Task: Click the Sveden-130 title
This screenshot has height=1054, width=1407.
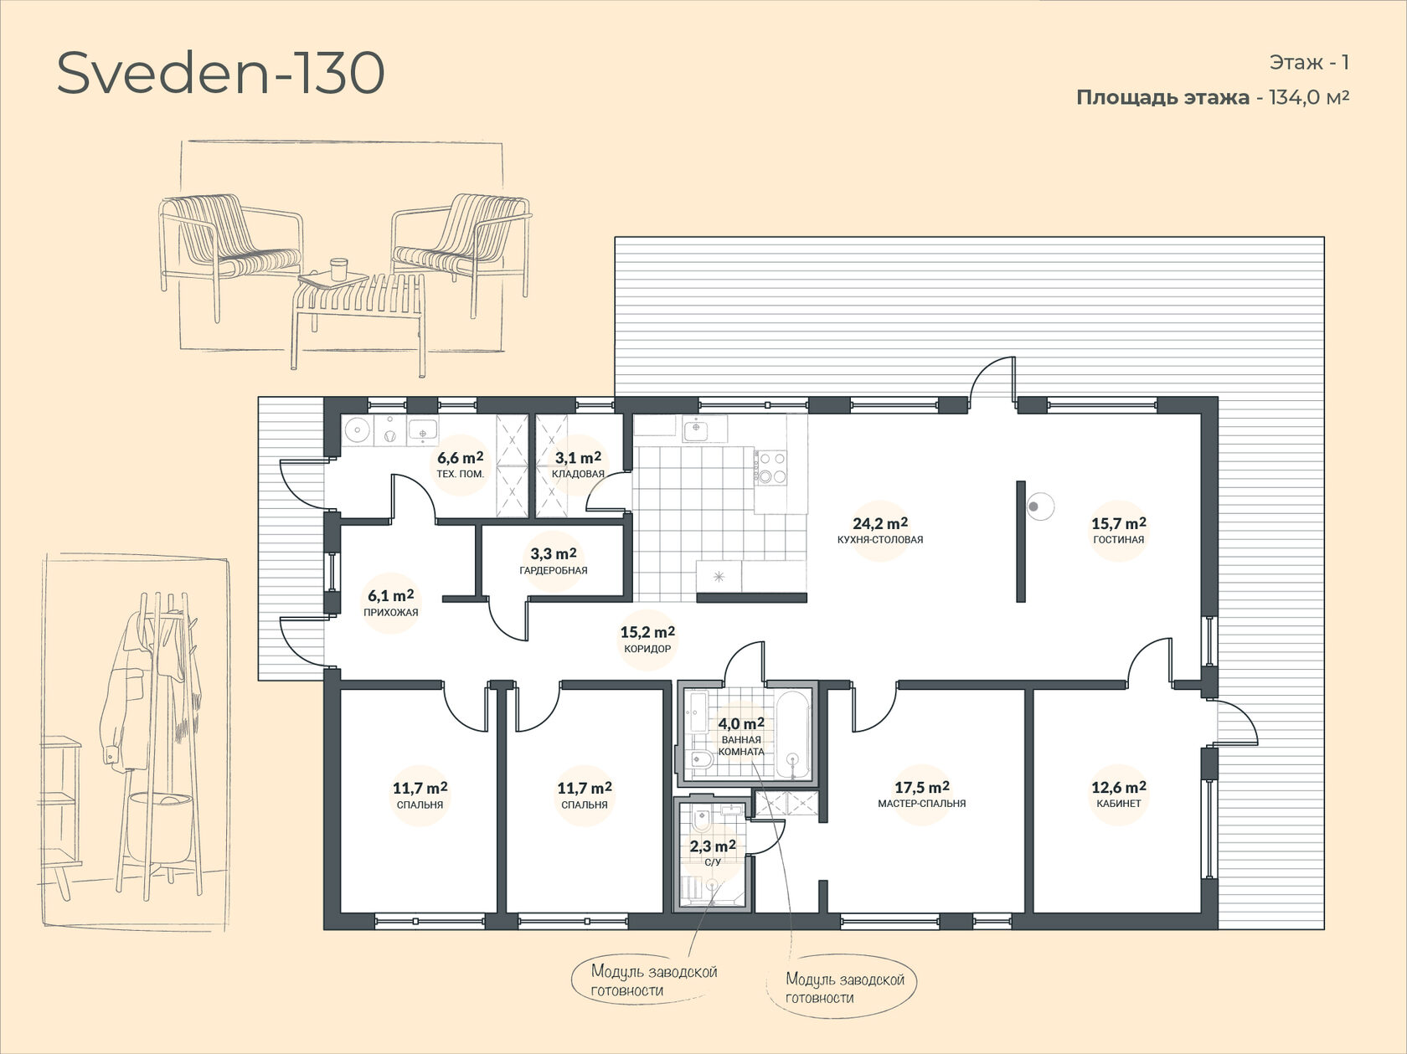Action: (x=220, y=74)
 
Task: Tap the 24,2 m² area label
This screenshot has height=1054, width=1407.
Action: (x=880, y=523)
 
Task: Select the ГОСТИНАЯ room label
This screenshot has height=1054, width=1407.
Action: (x=1119, y=539)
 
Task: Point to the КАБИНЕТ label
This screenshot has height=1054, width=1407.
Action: (x=1119, y=804)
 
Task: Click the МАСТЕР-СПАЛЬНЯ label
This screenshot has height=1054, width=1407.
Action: (x=922, y=804)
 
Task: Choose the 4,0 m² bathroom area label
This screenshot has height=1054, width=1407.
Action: (x=741, y=724)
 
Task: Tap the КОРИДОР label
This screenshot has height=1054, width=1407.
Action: (x=647, y=649)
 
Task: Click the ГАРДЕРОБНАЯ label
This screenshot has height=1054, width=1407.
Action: (x=554, y=570)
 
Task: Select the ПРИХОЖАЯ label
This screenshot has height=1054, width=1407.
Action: (x=390, y=612)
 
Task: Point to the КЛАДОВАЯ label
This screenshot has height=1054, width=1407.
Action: (x=578, y=474)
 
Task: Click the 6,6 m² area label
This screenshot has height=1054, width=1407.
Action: (x=461, y=457)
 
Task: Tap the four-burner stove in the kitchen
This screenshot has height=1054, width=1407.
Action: (x=771, y=465)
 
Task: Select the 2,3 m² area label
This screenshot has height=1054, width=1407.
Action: (x=713, y=846)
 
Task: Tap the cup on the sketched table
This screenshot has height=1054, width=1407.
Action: (x=338, y=269)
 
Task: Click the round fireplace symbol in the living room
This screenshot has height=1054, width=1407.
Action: (x=1039, y=506)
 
